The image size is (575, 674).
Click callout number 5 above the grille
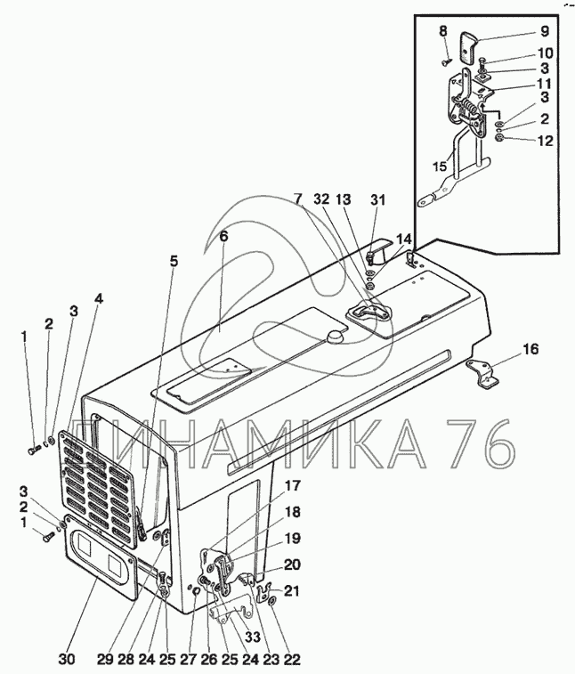pos(174,261)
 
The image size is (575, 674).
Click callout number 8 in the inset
pos(442,33)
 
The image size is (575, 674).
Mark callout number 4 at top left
pos(98,299)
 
